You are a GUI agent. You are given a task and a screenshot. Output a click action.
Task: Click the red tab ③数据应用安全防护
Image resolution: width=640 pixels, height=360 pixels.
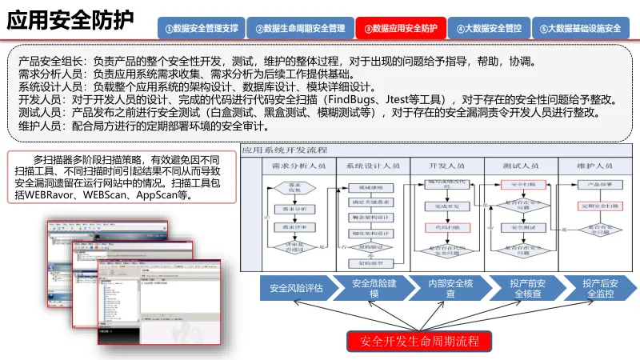coord(401,29)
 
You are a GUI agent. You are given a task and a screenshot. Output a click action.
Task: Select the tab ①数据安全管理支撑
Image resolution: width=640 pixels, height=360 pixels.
coord(202,29)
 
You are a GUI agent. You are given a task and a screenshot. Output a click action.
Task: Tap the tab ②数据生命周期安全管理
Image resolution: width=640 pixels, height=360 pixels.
coord(301,29)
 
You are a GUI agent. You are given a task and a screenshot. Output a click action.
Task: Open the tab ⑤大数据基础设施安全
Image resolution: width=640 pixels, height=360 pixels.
coord(580,29)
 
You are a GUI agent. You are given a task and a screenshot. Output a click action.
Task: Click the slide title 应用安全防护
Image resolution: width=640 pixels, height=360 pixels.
coord(70,21)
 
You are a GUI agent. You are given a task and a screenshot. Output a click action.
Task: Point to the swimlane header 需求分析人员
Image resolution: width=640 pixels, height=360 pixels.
coord(292,165)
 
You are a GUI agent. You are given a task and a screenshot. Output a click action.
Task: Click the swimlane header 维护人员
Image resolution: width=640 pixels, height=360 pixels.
coord(598,165)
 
